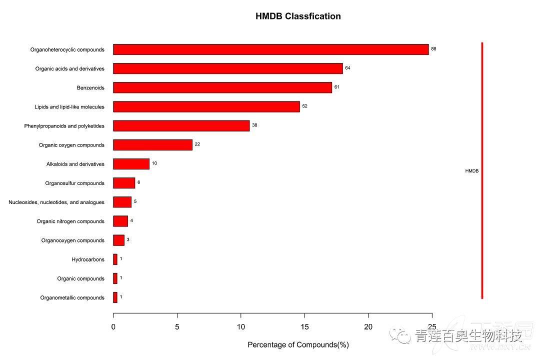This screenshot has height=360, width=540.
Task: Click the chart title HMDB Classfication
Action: [x=298, y=16]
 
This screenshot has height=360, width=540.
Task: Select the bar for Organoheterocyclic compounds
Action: [x=270, y=49]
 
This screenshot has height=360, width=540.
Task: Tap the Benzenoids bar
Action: [x=222, y=87]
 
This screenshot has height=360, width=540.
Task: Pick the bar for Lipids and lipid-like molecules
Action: [x=206, y=106]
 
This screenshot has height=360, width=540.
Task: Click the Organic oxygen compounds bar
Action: [x=152, y=145]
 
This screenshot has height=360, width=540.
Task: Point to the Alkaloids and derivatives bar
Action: [x=131, y=164]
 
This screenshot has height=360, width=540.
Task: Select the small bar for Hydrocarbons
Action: [x=115, y=259]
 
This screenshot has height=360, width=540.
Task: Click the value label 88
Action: [x=433, y=49]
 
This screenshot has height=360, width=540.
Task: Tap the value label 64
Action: [x=347, y=67]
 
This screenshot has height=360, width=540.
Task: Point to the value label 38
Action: [x=254, y=125]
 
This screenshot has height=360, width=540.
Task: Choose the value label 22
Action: [x=197, y=144]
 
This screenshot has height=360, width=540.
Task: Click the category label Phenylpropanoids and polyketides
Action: [x=64, y=126]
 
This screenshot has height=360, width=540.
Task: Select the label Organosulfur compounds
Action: [x=75, y=183]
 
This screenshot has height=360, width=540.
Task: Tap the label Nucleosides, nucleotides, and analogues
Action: [x=56, y=202]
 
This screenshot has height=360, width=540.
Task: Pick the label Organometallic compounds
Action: [x=72, y=298]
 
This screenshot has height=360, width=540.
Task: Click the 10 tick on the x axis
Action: [x=241, y=327]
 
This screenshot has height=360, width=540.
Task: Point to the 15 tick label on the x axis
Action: [x=304, y=327]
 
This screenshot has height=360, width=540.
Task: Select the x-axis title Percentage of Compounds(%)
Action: [x=298, y=344]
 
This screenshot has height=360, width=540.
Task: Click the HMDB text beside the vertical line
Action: [x=471, y=171]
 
